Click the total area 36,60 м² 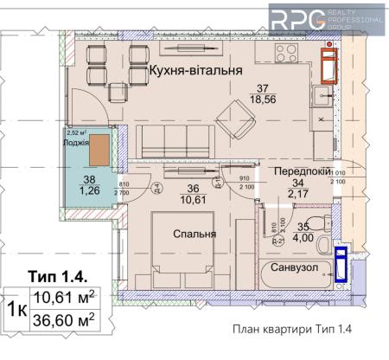(x=63, y=319)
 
